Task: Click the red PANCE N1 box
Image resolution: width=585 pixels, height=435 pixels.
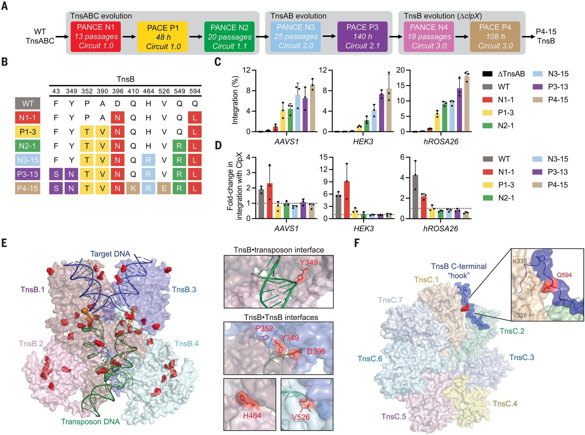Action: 96,37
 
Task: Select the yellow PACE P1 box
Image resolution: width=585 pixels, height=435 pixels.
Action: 163,37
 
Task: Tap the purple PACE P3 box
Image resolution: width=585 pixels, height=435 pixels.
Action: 362,37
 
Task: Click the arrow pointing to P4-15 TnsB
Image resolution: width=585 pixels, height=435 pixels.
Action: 528,37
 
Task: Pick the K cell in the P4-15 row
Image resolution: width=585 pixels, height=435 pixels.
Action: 133,188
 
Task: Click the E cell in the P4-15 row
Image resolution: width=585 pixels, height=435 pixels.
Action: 164,188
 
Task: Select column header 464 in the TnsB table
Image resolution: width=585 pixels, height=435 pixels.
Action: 148,91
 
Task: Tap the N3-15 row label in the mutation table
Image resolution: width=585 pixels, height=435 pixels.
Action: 28,160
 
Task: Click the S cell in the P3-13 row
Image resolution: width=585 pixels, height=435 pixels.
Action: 56,174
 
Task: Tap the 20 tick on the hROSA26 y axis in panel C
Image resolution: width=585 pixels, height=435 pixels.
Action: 400,70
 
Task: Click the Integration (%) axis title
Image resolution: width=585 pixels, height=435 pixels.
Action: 235,100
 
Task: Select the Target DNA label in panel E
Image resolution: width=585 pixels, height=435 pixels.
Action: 110,254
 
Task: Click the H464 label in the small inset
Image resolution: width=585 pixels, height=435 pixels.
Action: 252,415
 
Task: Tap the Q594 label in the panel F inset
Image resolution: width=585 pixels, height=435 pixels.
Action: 564,275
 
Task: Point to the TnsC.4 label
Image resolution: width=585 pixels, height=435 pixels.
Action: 505,404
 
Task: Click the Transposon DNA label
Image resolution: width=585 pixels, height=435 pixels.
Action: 90,422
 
